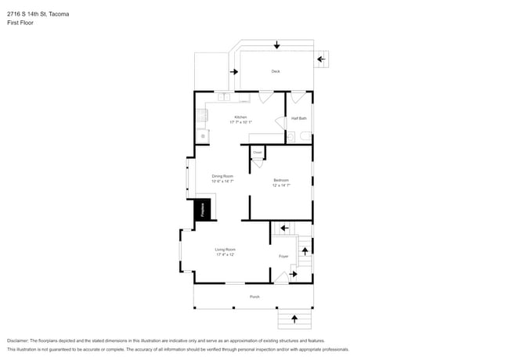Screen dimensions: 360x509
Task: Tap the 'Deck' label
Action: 276,71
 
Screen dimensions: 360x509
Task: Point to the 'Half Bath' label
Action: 298,118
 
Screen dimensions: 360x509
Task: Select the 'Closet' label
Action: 257,153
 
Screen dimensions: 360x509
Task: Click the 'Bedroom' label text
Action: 281,181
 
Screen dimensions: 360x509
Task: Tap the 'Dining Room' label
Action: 223,176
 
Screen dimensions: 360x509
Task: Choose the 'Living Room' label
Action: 226,250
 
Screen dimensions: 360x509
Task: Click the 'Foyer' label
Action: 283,256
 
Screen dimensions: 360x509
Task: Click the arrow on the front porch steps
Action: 294,318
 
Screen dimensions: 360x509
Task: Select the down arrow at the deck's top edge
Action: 276,45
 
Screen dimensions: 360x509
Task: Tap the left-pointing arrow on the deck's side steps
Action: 321,59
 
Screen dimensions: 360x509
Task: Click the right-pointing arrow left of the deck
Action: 233,72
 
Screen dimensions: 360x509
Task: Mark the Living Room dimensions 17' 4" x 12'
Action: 226,254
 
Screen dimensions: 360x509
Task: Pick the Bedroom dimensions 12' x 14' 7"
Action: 281,185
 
